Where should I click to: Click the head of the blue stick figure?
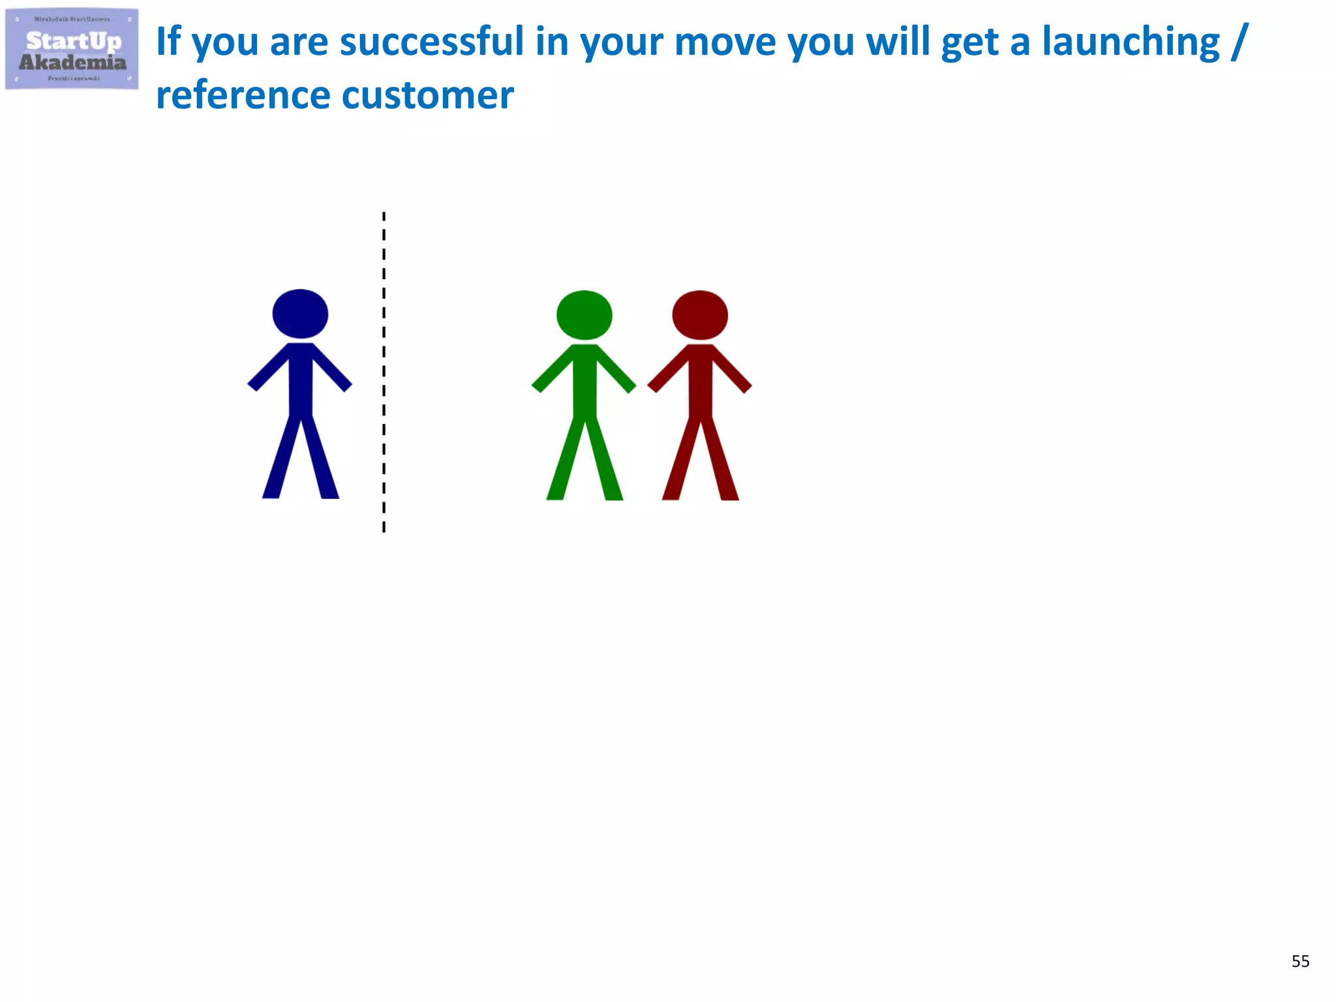point(300,314)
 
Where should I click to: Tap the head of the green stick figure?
point(584,315)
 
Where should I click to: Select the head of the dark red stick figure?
point(700,315)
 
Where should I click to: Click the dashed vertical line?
point(384,372)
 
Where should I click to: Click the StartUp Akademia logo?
point(72,49)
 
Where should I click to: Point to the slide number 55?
point(1300,961)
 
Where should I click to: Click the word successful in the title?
point(432,42)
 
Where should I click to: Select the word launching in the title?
point(1131,42)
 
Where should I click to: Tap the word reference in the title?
point(243,95)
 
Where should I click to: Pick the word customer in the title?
point(428,95)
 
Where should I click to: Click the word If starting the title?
point(168,42)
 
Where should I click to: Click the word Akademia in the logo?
point(72,63)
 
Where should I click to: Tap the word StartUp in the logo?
point(73,41)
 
